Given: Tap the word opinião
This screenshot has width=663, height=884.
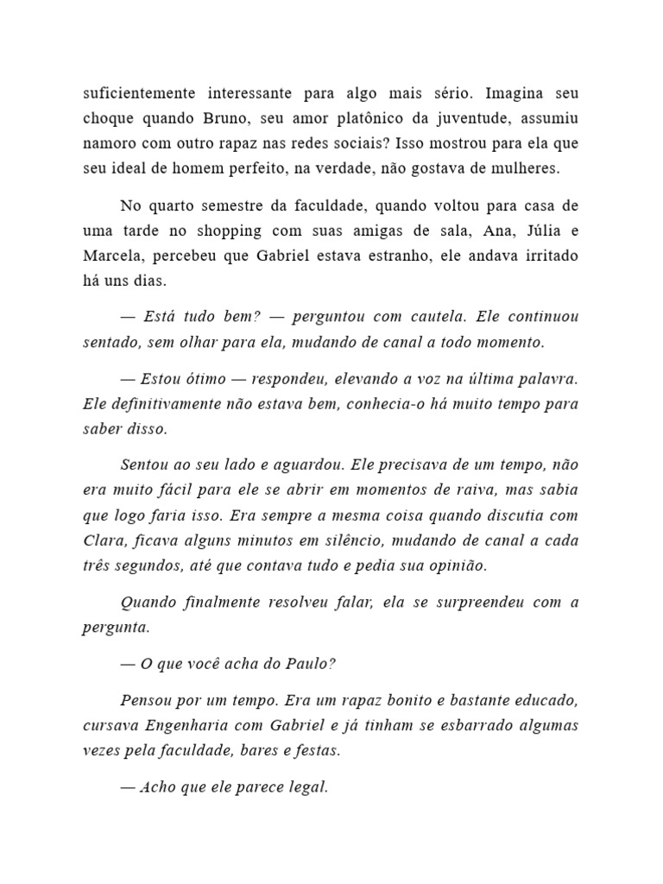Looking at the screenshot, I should tap(458, 566).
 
